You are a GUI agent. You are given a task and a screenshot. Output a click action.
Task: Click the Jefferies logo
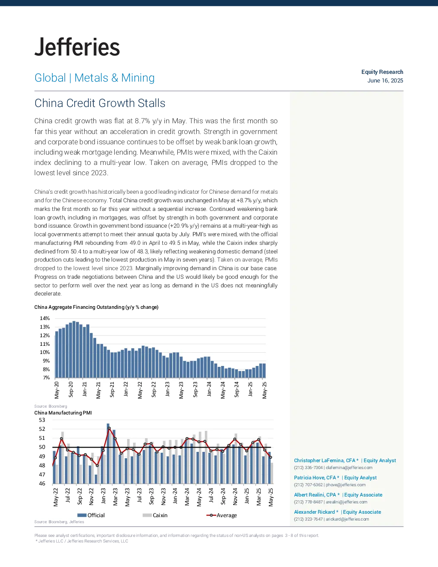point(77,47)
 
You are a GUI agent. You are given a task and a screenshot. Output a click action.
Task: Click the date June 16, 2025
point(385,81)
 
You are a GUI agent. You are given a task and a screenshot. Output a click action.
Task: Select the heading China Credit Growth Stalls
point(100,103)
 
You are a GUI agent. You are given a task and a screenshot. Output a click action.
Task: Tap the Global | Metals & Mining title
point(94,78)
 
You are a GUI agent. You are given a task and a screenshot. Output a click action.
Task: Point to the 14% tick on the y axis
point(45,318)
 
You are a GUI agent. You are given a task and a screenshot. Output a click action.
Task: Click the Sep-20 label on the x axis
point(71,389)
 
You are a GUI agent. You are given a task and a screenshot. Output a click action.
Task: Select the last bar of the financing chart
point(264,371)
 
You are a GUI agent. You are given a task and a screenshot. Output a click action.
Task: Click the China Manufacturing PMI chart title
point(63,413)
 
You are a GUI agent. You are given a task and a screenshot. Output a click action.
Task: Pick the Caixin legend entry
point(155,515)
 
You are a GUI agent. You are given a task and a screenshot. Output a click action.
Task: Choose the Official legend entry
point(91,515)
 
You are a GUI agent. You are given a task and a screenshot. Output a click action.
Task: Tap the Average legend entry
point(222,515)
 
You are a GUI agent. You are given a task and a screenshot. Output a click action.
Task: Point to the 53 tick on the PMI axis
point(42,420)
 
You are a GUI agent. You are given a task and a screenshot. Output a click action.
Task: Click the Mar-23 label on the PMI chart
point(116,497)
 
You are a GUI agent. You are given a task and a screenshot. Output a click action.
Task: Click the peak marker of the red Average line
point(109,428)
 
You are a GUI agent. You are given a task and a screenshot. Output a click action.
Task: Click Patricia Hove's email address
point(345,485)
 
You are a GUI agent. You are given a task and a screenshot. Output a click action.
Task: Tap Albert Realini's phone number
point(308,502)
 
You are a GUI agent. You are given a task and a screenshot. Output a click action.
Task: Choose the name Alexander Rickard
point(314,512)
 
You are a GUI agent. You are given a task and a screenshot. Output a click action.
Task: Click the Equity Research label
point(382,72)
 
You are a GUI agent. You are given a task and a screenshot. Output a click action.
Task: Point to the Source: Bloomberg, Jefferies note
point(59,522)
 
